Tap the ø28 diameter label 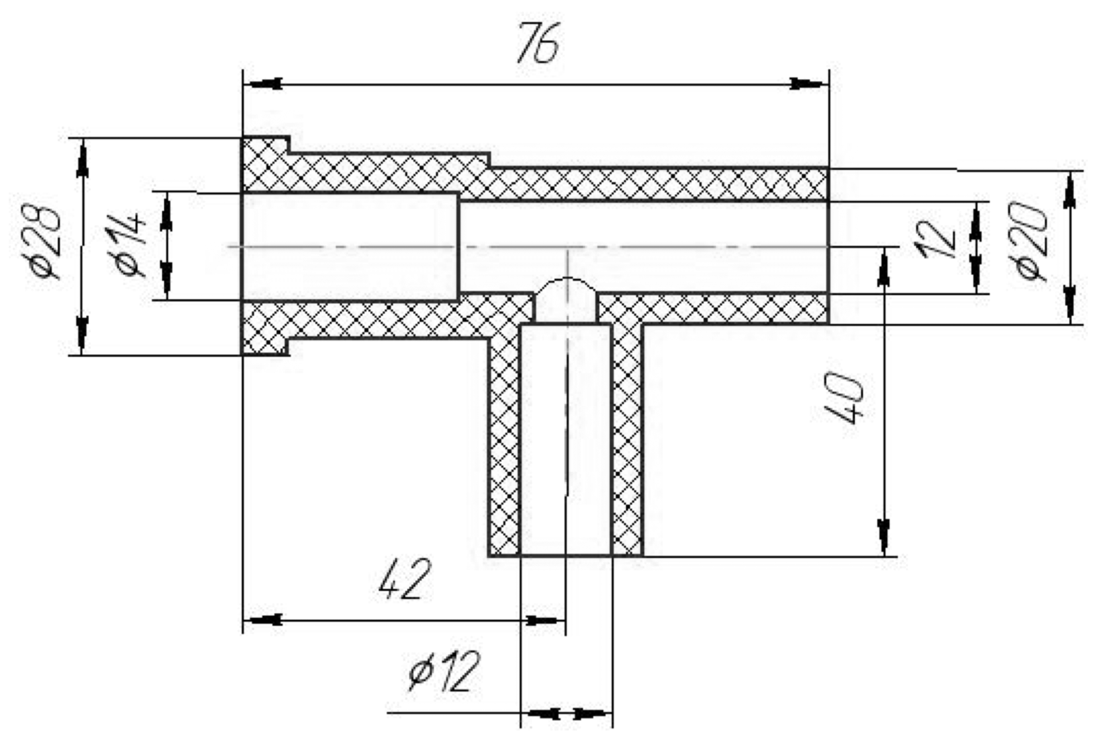pyautogui.click(x=48, y=242)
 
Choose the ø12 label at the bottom pyautogui.click(x=444, y=671)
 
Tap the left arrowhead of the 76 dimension pyautogui.click(x=264, y=84)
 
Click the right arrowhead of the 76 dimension pyautogui.click(x=807, y=84)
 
